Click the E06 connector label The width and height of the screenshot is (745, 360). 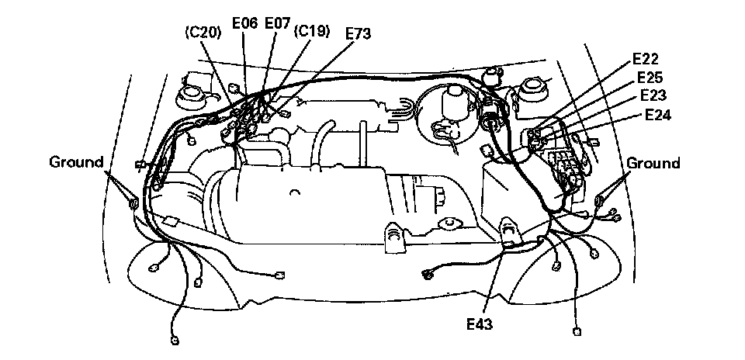(245, 25)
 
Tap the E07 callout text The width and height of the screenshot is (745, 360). (277, 25)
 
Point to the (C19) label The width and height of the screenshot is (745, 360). (313, 32)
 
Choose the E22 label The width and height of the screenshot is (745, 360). (646, 59)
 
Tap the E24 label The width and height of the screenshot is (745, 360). (660, 115)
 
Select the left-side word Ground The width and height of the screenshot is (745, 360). (76, 163)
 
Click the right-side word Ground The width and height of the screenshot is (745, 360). (653, 164)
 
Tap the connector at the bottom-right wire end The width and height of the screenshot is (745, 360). (576, 331)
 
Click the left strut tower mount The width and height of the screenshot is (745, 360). (189, 95)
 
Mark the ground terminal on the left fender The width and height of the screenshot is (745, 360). (133, 203)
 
